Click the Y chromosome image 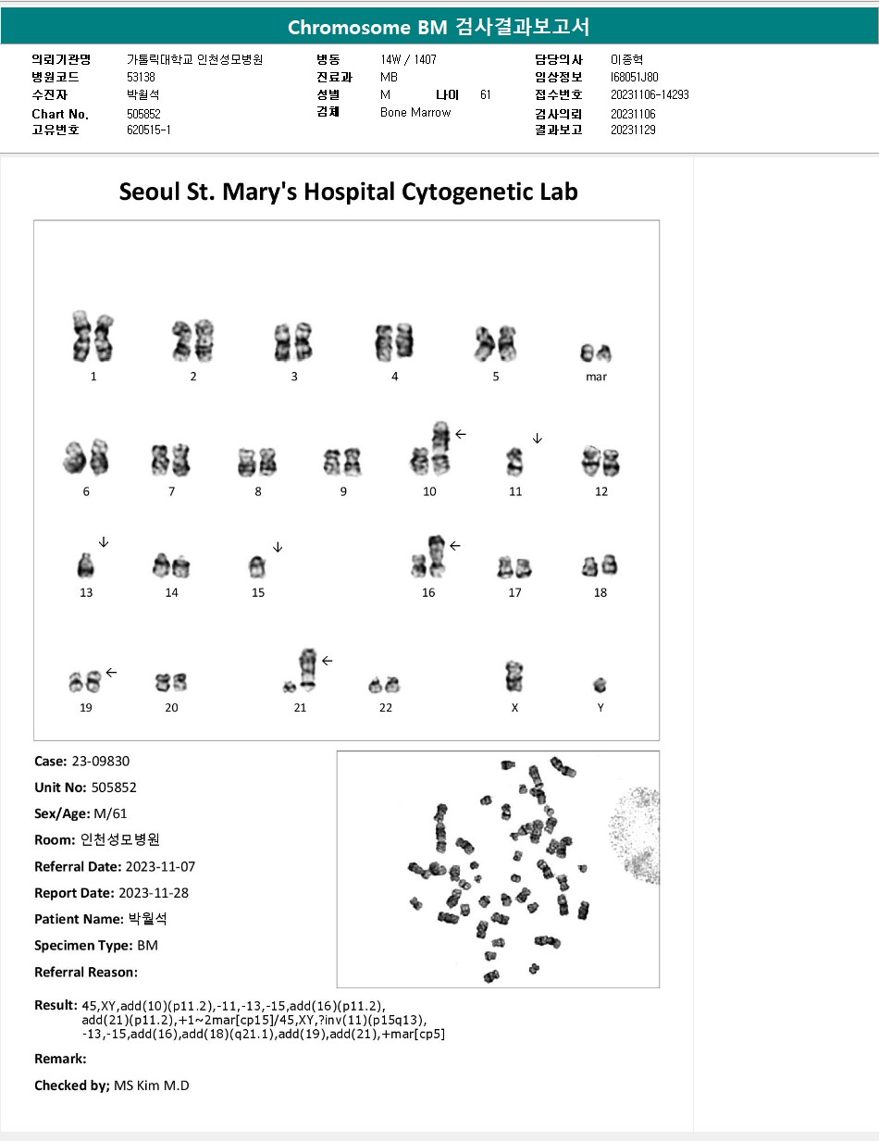[600, 685]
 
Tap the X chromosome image [514, 676]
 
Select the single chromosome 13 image [85, 565]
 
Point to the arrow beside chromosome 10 [461, 434]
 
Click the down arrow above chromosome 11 [538, 439]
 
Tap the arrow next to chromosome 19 [111, 672]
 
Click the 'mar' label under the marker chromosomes [596, 377]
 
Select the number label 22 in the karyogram [386, 707]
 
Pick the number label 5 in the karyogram [496, 377]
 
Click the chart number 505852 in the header [143, 114]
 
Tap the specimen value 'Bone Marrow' [415, 112]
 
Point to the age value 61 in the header [486, 94]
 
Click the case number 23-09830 [101, 761]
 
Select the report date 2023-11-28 [154, 893]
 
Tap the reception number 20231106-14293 [650, 94]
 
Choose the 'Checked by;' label [72, 1085]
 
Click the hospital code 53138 [142, 77]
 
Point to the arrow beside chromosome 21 [327, 661]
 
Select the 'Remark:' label [60, 1059]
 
